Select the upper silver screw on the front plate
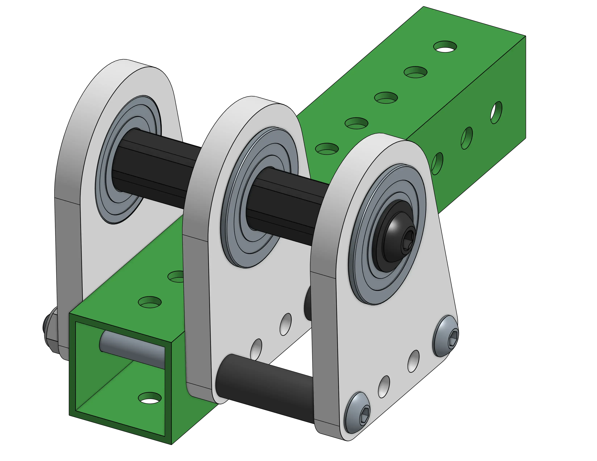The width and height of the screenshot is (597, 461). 445,336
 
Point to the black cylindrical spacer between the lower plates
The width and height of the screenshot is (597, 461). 262,382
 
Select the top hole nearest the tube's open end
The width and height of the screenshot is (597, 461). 150,302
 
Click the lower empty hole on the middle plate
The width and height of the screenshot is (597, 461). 256,349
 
